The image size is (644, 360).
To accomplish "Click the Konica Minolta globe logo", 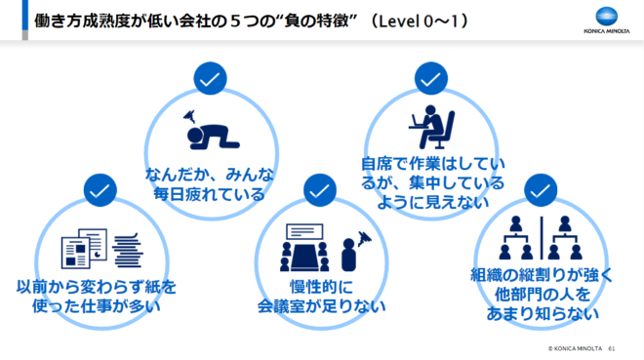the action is [x=607, y=18].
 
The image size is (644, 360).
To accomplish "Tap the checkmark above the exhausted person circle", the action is [x=210, y=78].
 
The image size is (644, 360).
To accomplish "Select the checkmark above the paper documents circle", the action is [x=100, y=190].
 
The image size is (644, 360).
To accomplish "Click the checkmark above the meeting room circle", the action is [x=320, y=190].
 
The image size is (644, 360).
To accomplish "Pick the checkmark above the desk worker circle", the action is [x=431, y=78].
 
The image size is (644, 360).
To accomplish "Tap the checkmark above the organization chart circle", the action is [x=541, y=190].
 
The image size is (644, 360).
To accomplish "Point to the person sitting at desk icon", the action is [x=431, y=127].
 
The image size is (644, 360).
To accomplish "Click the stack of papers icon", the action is [x=128, y=250].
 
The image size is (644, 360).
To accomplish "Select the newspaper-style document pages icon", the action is [x=84, y=249].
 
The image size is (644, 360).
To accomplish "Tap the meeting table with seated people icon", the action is [x=304, y=248].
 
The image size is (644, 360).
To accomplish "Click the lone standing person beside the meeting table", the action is [x=348, y=255].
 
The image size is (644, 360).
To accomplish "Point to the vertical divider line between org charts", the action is [x=542, y=238].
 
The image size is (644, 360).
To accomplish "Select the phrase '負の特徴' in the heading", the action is [x=316, y=20].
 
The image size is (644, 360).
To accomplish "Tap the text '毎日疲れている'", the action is [x=210, y=194].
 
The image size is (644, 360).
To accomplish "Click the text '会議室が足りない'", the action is [x=322, y=306].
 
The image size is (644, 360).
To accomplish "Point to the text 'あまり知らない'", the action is [x=543, y=313].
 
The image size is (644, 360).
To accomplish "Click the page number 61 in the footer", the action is [x=612, y=348].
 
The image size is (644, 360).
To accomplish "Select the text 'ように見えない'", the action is [x=433, y=202].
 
